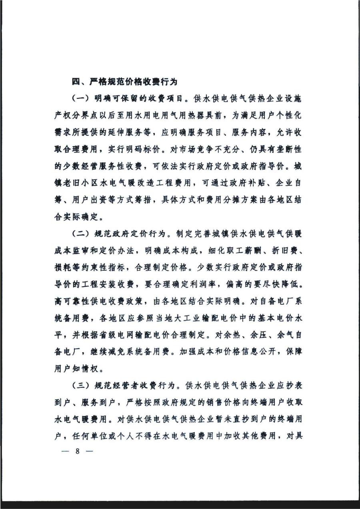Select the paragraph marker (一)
tap(81, 98)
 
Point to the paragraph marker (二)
tap(81, 234)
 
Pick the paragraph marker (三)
tap(81, 386)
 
